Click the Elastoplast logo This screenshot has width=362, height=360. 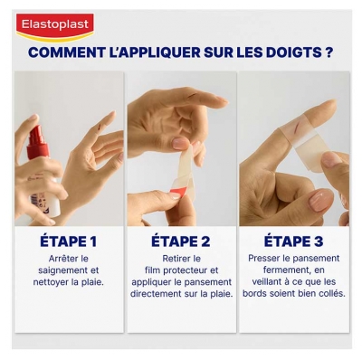coord(55,25)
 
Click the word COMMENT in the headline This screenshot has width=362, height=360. coord(64,52)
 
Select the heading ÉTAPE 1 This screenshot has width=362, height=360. coord(69,242)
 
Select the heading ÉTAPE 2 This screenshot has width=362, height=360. coord(181,242)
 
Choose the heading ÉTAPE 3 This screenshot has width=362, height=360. coord(293,242)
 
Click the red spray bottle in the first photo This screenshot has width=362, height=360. coord(37,145)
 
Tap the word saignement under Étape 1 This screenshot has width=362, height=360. coord(69,270)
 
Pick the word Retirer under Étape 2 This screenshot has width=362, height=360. coord(181,258)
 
